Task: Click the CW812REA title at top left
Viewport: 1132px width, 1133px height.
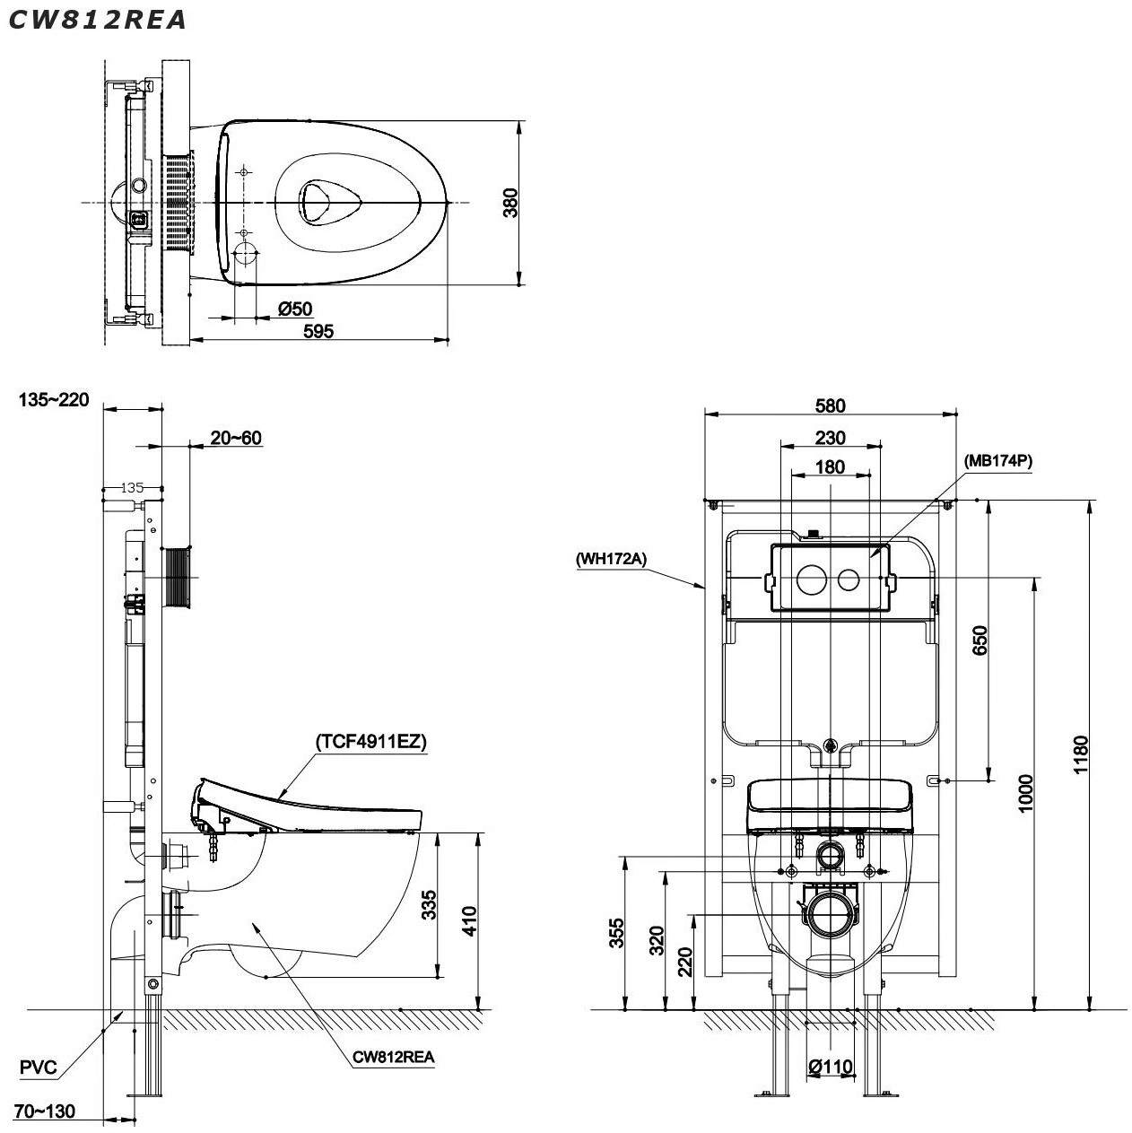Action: [98, 20]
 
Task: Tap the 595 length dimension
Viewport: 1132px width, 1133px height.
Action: [318, 331]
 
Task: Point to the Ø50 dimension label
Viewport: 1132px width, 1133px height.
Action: [295, 309]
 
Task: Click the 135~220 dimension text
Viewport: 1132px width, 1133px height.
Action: [54, 400]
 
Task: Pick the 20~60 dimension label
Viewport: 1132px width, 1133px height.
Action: [236, 438]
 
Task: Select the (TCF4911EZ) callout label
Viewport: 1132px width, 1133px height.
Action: [370, 742]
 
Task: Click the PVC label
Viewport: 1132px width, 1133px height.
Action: [39, 1068]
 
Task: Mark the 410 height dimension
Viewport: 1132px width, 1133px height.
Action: [469, 921]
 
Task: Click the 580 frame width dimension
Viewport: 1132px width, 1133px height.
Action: [830, 405]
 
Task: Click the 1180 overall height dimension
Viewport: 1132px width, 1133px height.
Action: [1080, 755]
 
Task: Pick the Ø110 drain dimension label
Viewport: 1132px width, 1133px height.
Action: [831, 1067]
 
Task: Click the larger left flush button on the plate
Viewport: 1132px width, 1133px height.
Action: [812, 579]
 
